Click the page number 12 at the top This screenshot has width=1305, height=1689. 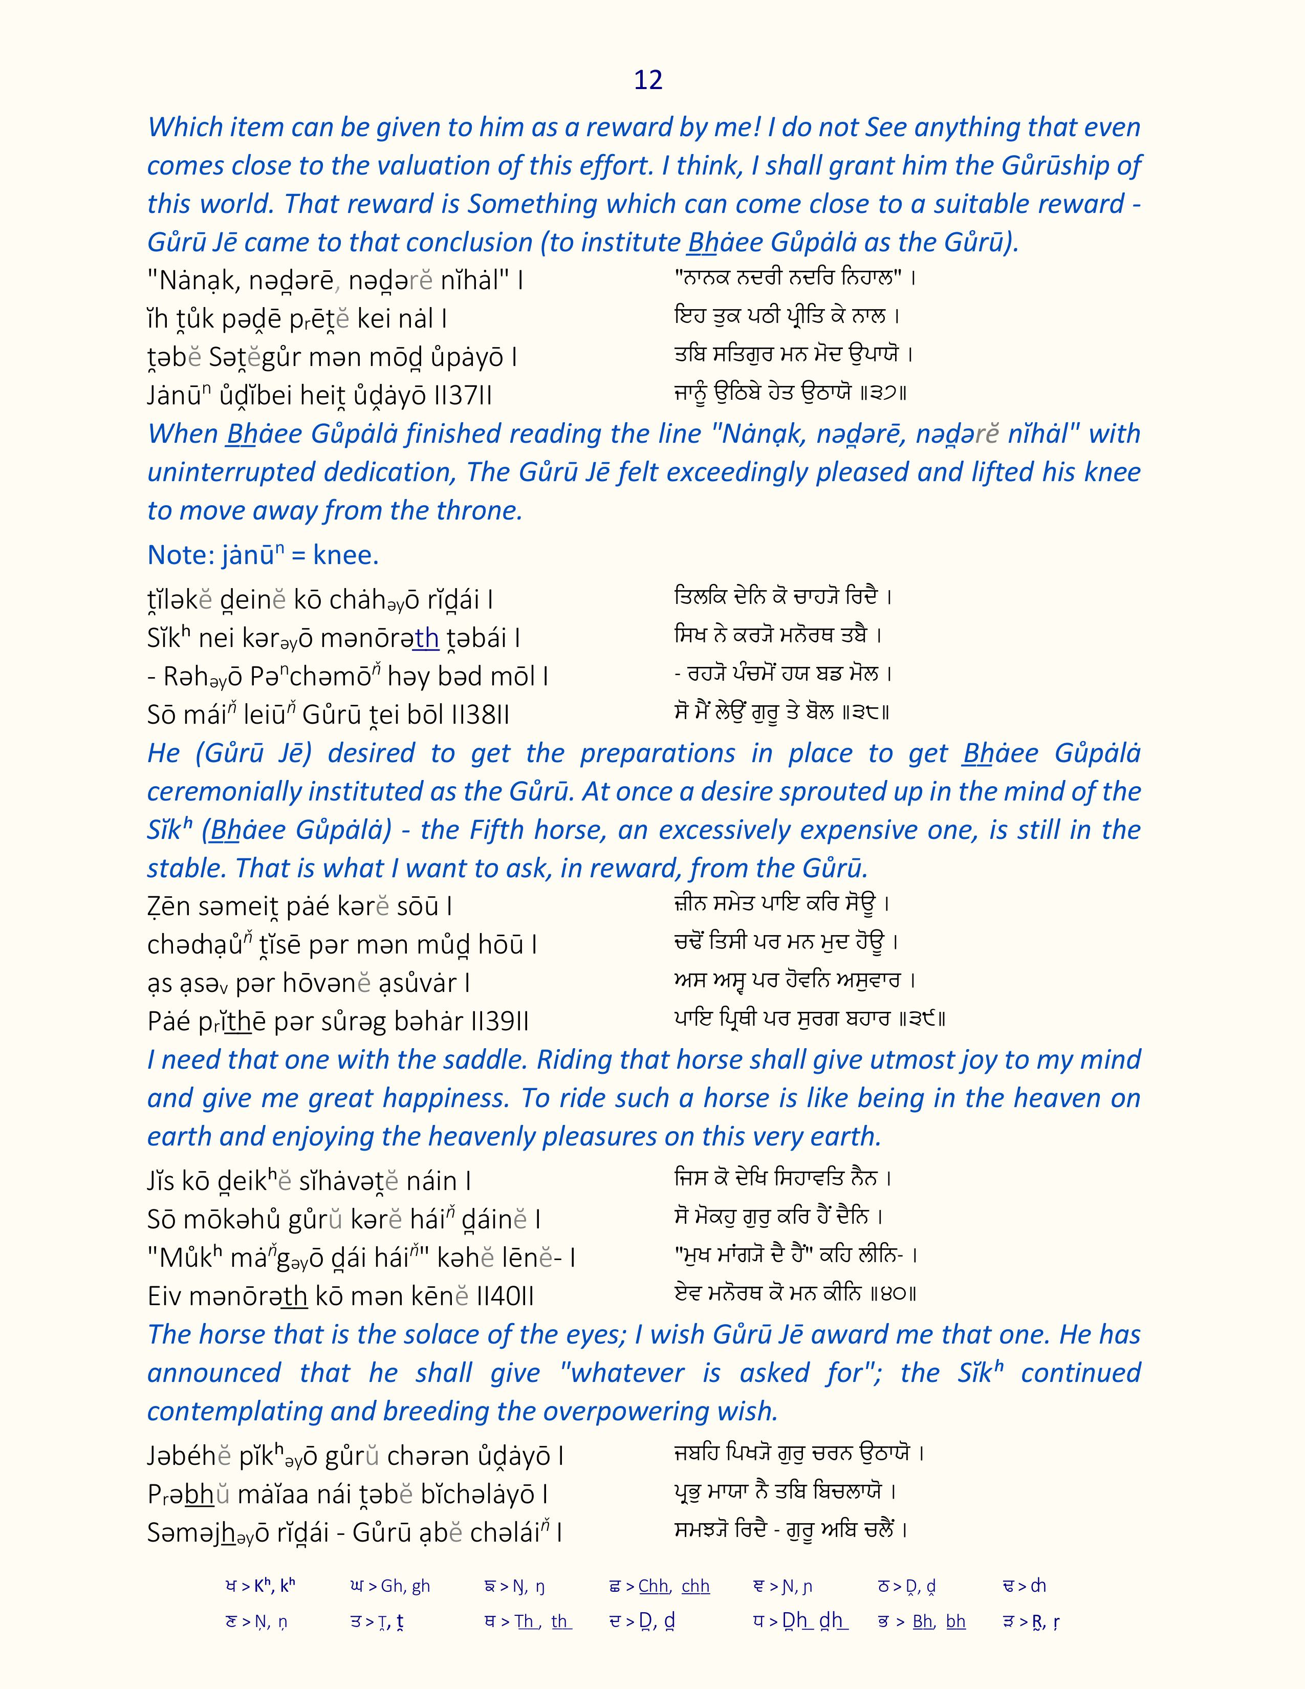[x=648, y=80]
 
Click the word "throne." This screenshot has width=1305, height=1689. [x=484, y=510]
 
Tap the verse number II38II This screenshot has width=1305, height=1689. [x=480, y=714]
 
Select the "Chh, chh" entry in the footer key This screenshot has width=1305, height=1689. [x=673, y=1586]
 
